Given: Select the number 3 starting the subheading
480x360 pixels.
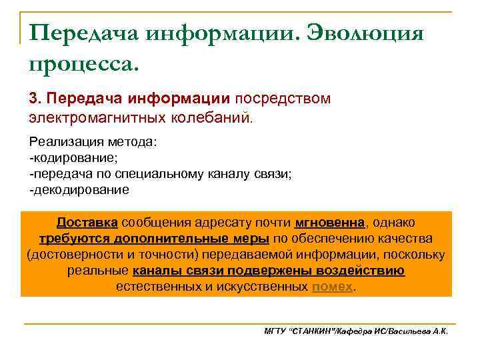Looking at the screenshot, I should coord(33,98).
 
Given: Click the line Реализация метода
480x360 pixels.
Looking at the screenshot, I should coord(92,143).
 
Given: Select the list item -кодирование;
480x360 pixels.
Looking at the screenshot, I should coord(73,159).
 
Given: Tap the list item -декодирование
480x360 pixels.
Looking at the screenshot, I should coord(79,190).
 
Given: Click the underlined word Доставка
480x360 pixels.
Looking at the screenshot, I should coord(87,222).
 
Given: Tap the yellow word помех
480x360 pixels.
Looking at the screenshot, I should coord(331,287).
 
